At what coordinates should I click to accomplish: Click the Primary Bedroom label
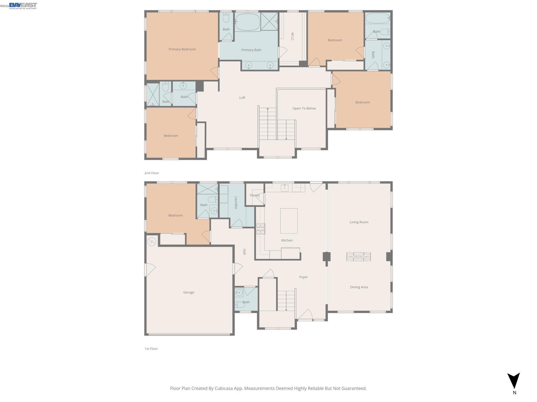click(182, 49)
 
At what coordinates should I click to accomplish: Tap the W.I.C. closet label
click(292, 37)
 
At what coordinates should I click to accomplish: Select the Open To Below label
click(304, 108)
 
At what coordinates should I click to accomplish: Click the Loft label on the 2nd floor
click(242, 98)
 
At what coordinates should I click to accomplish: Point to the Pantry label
click(255, 195)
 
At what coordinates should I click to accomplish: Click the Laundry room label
click(236, 203)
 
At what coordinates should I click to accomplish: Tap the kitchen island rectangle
click(289, 221)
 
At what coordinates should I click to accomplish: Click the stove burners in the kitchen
click(260, 229)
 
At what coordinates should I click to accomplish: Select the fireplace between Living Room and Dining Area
click(359, 257)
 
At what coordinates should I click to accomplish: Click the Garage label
click(189, 292)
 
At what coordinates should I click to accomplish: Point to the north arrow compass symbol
click(514, 381)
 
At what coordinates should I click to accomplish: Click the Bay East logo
click(23, 6)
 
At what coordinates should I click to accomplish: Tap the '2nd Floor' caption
click(152, 173)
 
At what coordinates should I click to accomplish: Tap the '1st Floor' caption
click(151, 349)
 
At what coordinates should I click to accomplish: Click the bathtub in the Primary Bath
click(248, 22)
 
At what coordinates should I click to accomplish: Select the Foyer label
click(303, 277)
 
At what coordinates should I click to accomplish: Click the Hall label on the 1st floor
click(244, 252)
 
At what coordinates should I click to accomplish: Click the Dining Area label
click(359, 287)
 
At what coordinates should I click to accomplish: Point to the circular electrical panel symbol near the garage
click(152, 241)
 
